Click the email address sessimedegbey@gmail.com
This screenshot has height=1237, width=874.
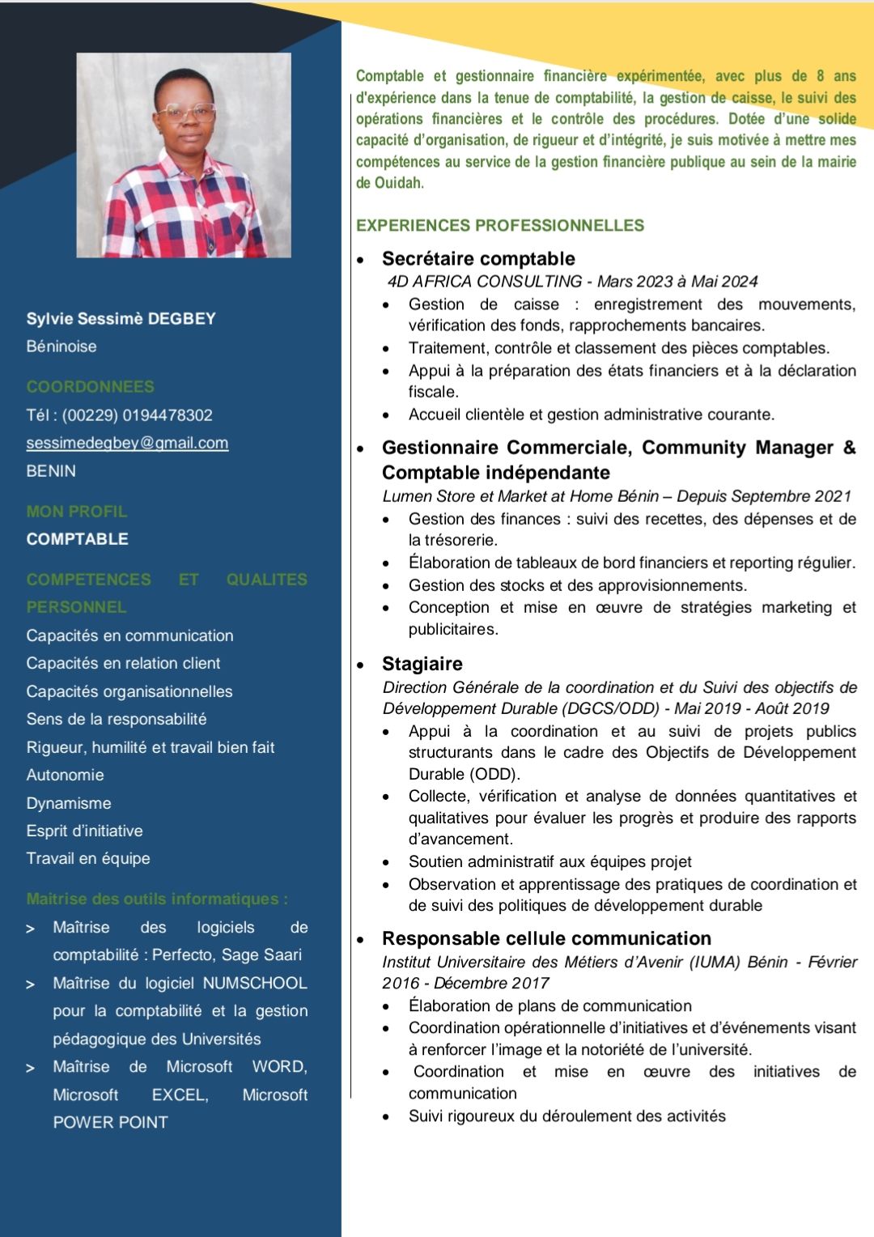pos(127,443)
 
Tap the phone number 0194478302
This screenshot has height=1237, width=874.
pos(167,415)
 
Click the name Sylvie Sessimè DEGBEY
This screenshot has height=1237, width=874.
pos(121,319)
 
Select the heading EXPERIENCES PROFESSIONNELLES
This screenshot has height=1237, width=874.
pos(500,226)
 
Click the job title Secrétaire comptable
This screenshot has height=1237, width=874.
pos(478,259)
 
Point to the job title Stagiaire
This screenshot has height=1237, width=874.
pos(422,664)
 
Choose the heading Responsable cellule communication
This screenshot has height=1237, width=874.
pos(546,938)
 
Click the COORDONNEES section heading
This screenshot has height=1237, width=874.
pos(90,387)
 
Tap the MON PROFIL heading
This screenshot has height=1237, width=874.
pos(77,512)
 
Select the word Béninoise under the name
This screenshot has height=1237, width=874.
pos(62,346)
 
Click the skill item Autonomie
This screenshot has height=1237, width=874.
pos(65,775)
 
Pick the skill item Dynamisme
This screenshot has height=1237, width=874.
pos(69,803)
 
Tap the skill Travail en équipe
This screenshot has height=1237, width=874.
pos(88,858)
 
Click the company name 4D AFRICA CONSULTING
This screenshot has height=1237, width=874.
pos(484,282)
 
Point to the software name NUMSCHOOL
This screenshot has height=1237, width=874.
pos(255,983)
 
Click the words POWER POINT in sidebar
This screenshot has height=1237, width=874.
pos(110,1122)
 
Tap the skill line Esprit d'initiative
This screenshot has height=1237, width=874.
pos(84,831)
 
